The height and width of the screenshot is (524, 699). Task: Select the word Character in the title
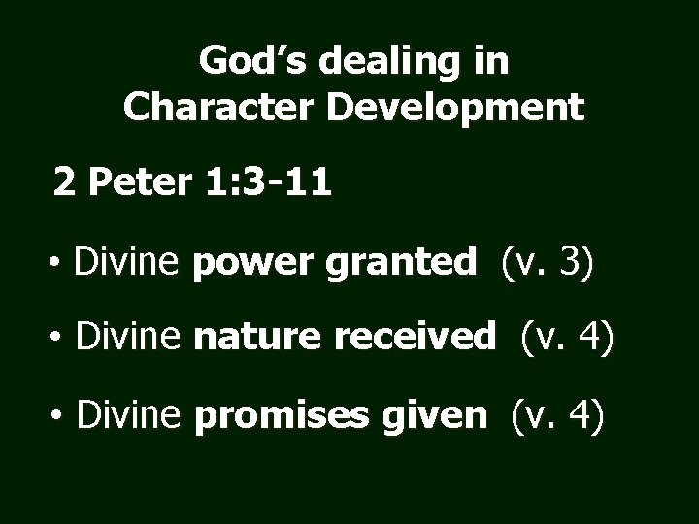click(222, 106)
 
